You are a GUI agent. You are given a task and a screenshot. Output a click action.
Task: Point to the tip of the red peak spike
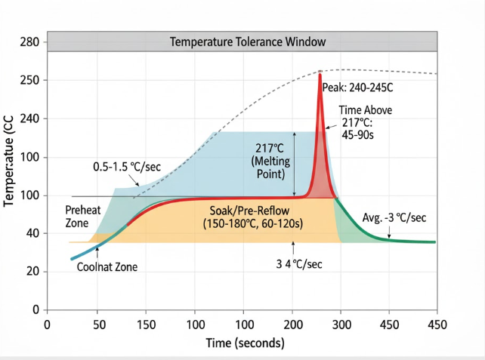point(320,74)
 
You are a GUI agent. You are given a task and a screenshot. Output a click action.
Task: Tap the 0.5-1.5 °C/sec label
point(126,166)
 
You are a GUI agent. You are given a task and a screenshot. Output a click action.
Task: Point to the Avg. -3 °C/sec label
point(394,218)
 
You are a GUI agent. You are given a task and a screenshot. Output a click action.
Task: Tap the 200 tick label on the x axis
point(292,325)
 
